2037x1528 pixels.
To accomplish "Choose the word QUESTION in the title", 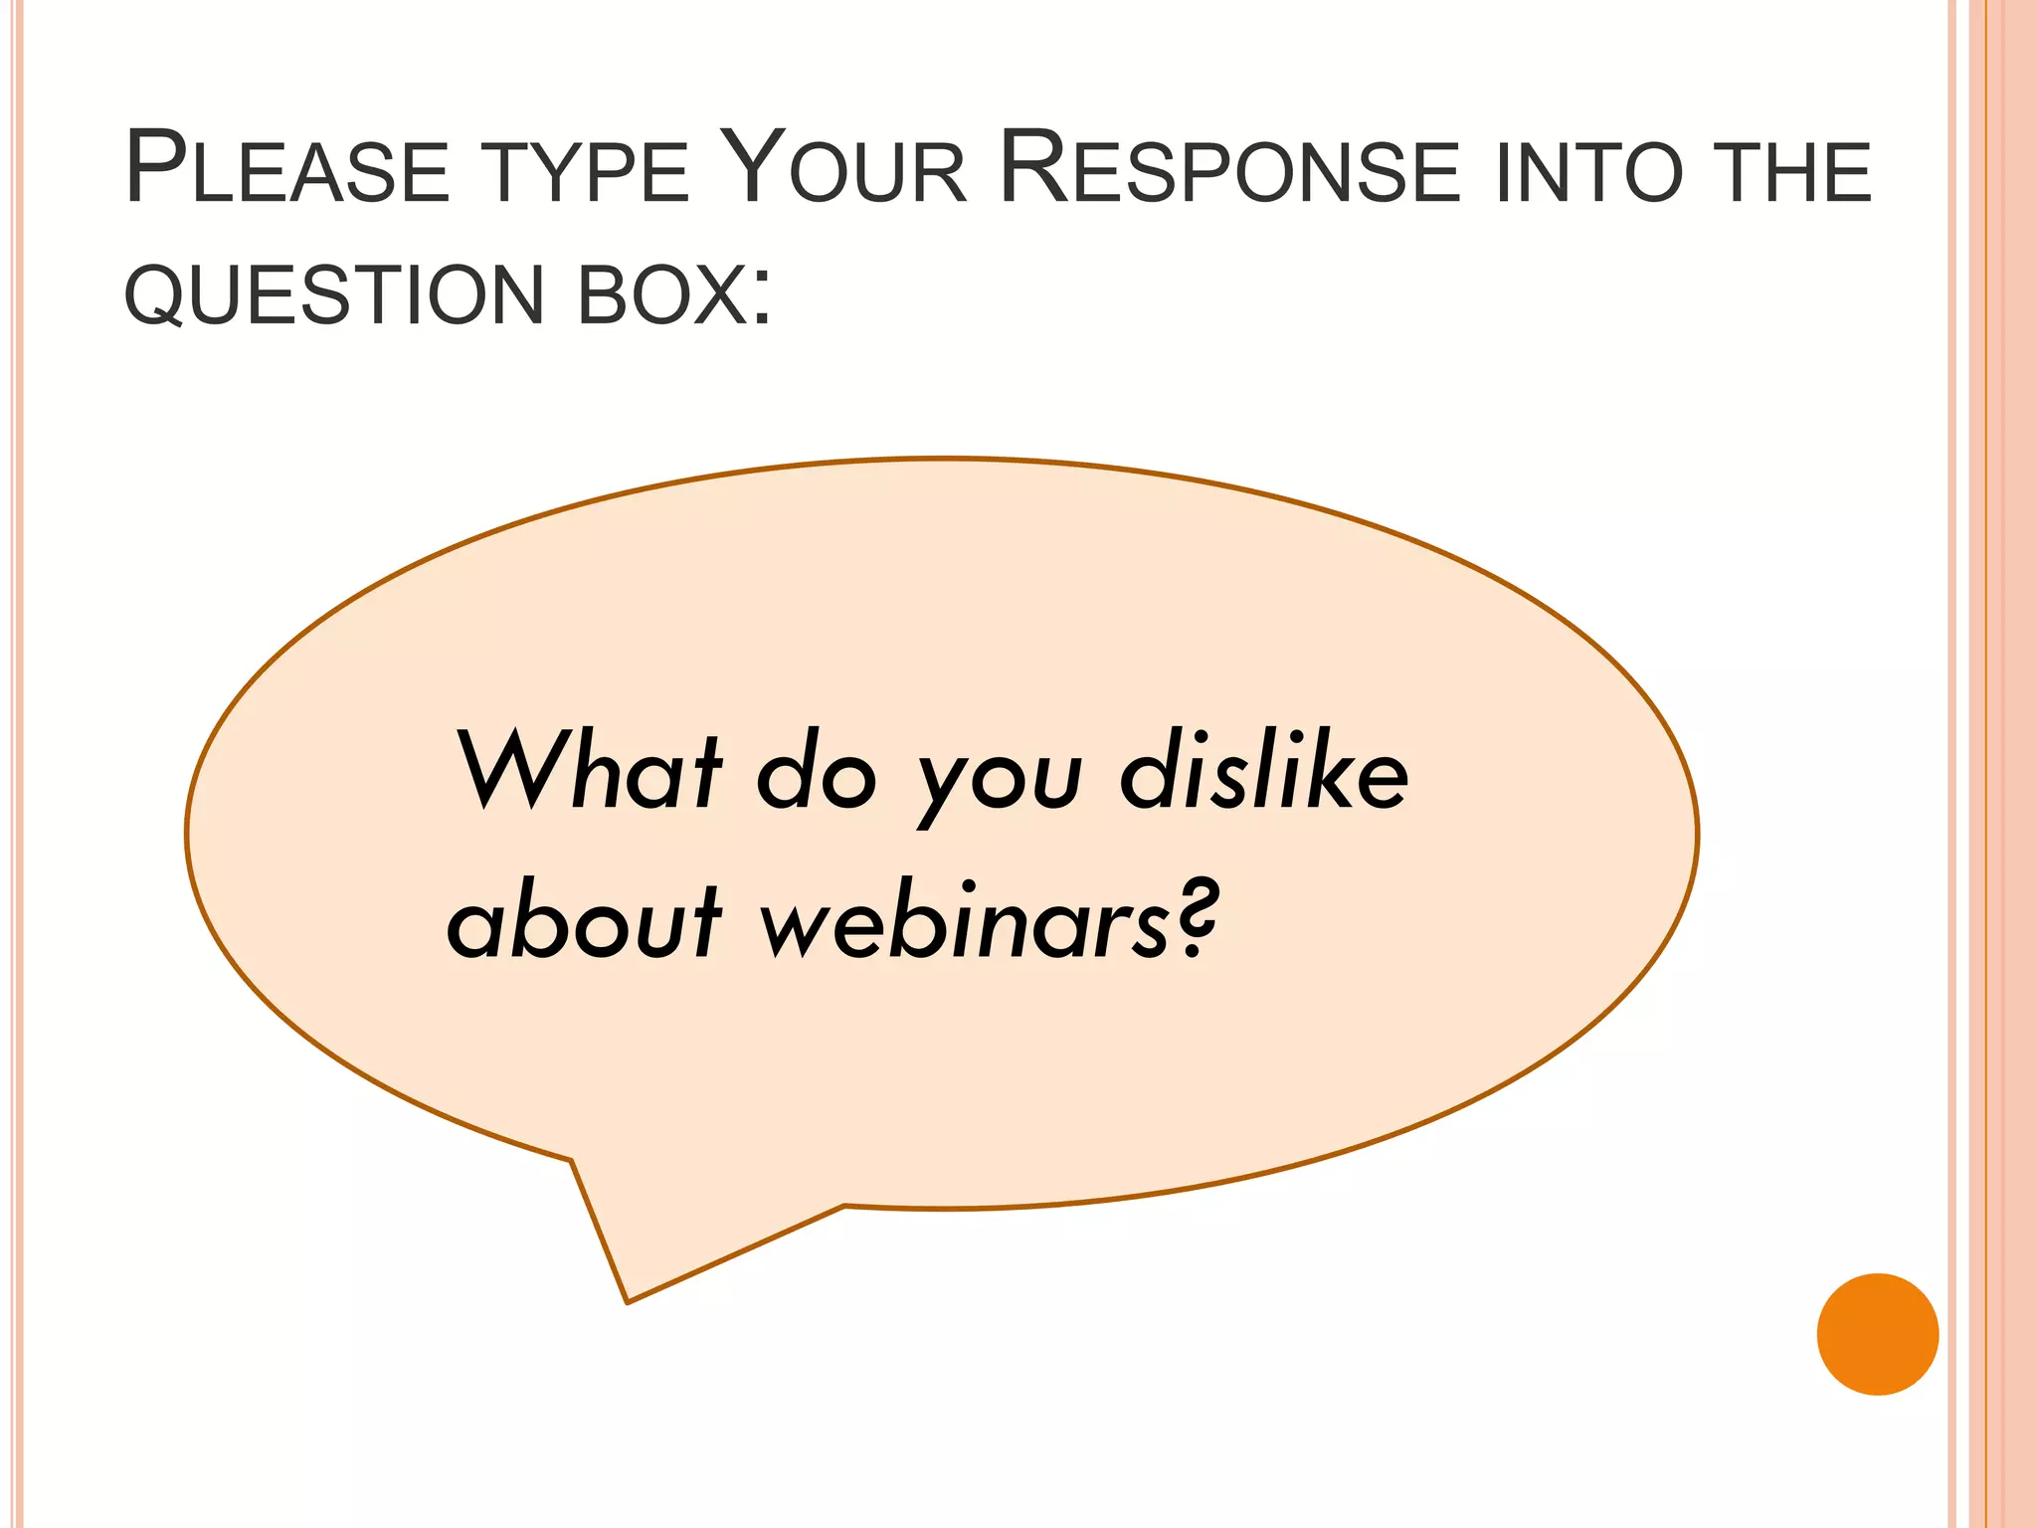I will (334, 295).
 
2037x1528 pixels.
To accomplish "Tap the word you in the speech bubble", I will (1000, 786).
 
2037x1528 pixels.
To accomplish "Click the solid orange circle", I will (1877, 1334).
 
